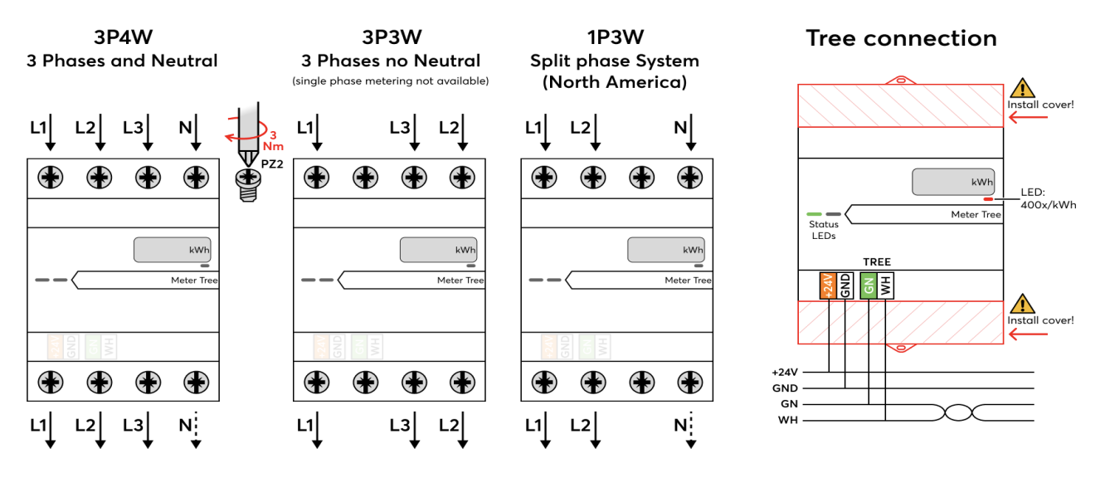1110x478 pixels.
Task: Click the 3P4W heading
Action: point(123,37)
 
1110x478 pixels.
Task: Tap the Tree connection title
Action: point(901,38)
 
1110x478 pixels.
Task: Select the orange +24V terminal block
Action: point(828,285)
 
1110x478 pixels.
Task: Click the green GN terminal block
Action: point(869,285)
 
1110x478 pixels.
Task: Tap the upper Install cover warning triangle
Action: point(1022,89)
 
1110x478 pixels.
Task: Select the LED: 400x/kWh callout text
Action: point(1048,199)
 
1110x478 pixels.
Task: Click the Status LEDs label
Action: point(823,230)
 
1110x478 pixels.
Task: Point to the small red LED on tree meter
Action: point(988,200)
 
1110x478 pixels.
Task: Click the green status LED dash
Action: point(814,214)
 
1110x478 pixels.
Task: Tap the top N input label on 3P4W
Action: point(186,129)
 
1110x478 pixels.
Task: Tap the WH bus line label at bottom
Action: point(787,420)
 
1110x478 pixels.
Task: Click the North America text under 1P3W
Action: point(615,83)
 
